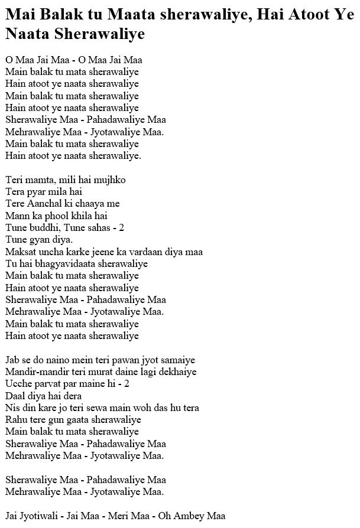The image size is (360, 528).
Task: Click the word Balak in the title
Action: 58,18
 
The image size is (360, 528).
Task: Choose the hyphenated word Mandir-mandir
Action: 35,371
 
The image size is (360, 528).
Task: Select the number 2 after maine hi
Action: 127,383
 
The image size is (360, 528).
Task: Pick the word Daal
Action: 14,396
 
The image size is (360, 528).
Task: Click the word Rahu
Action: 15,420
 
